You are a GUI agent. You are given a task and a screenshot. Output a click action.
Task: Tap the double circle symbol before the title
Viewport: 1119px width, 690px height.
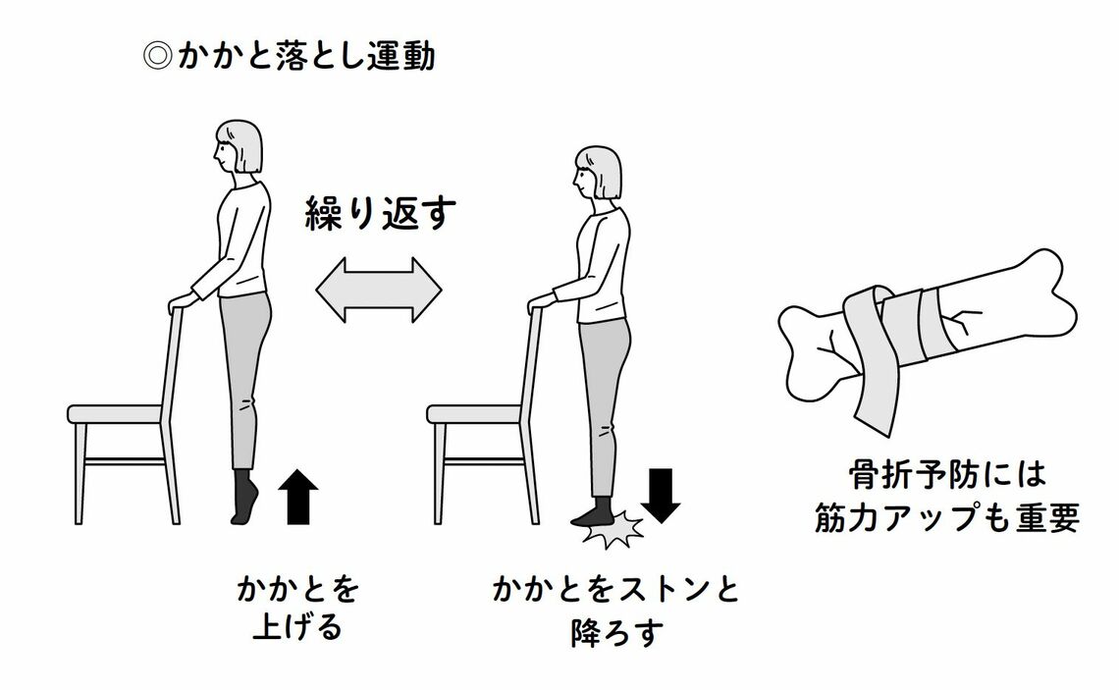point(159,57)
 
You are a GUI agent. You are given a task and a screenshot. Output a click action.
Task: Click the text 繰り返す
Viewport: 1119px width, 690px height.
point(378,214)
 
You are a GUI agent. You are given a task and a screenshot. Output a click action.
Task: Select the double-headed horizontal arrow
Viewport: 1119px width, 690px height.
point(378,289)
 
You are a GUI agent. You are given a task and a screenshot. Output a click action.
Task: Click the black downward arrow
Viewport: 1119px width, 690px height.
point(664,495)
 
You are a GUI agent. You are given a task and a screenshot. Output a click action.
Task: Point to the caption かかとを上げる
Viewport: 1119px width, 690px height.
point(296,608)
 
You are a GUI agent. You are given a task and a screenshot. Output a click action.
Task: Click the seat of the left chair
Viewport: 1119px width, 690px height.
point(115,413)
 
